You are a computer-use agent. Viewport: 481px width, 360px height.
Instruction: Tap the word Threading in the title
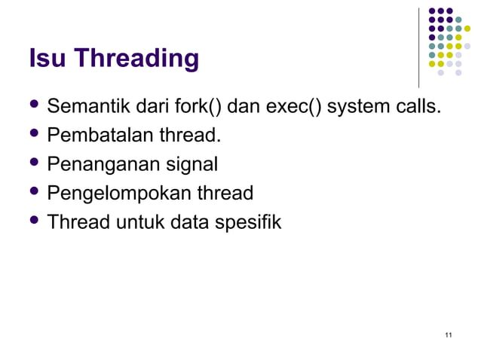tap(135, 59)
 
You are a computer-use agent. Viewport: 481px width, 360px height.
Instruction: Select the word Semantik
tap(84, 108)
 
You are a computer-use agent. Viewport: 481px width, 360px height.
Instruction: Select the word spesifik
tap(247, 223)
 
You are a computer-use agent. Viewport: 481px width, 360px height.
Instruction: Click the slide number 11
tap(449, 334)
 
